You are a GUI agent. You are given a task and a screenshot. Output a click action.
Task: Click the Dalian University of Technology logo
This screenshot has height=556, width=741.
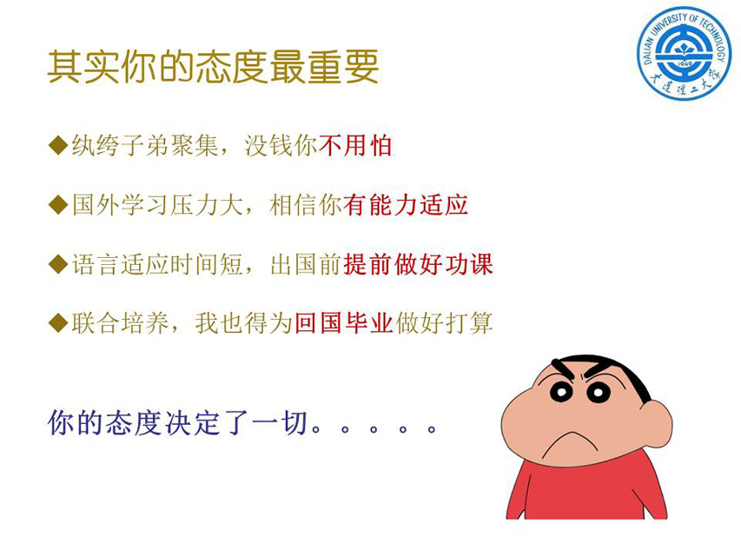pyautogui.click(x=684, y=53)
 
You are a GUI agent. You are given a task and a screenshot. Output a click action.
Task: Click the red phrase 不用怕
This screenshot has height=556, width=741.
pyautogui.click(x=356, y=145)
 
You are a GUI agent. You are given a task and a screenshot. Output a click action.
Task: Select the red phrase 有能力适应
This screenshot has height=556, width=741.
pyautogui.click(x=406, y=205)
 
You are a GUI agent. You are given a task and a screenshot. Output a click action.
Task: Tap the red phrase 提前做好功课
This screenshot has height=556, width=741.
pyautogui.click(x=418, y=264)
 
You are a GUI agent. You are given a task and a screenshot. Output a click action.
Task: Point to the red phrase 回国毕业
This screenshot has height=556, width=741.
pyautogui.click(x=343, y=323)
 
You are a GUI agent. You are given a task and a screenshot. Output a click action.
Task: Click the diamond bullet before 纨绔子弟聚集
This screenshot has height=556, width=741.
pyautogui.click(x=58, y=145)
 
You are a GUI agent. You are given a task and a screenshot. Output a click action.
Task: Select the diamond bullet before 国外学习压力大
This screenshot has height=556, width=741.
pyautogui.click(x=58, y=205)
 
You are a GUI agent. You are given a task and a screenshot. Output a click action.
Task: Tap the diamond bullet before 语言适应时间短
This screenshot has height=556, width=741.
pyautogui.click(x=58, y=264)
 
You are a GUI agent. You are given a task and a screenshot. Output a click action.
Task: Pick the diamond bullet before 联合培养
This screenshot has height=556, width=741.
pyautogui.click(x=58, y=323)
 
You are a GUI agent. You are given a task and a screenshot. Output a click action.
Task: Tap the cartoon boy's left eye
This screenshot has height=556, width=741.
pyautogui.click(x=561, y=393)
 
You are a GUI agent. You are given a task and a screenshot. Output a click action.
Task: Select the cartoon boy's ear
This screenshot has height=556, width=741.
pyautogui.click(x=660, y=420)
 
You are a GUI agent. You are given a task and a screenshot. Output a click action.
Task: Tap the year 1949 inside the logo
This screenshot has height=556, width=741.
pyautogui.click(x=684, y=63)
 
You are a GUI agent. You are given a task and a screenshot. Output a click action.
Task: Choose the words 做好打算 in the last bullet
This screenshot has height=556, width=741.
pyautogui.click(x=444, y=323)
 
